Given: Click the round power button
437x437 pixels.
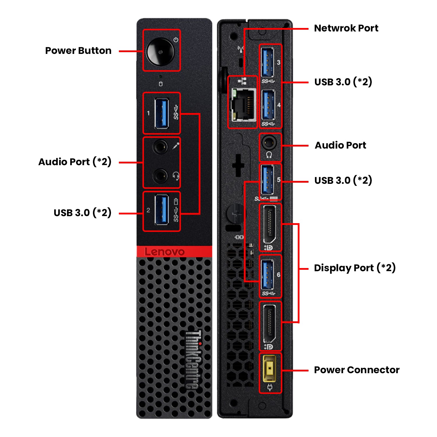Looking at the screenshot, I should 160,52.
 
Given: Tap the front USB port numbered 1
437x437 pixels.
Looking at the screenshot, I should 162,113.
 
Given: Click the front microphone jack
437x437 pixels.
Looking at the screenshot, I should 160,147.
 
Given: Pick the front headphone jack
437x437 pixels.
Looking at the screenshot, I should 160,175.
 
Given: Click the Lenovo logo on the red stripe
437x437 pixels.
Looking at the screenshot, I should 165,252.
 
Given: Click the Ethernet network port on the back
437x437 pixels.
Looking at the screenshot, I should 243,105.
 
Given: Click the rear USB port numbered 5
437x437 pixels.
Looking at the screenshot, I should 267,180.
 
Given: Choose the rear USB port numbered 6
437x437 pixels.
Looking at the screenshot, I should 267,274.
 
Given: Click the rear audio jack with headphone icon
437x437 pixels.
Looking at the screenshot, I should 269,143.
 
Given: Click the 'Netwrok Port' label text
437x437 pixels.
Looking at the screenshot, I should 346,28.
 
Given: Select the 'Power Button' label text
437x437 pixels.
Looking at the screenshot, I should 78,51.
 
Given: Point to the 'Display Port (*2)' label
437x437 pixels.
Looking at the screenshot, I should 355,268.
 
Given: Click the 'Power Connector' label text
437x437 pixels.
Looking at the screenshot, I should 357,370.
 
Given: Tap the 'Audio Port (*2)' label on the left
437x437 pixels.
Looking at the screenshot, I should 75,162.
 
